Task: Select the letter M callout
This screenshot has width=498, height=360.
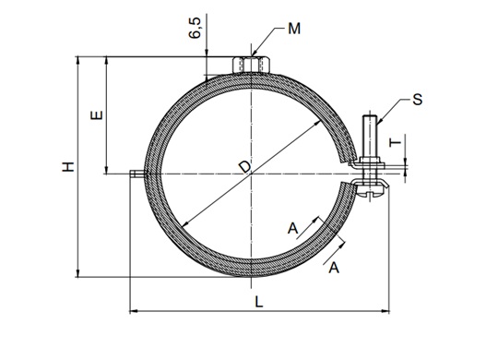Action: point(293,29)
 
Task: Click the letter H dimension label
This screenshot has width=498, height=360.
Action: point(67,167)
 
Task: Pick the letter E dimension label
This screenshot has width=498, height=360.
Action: point(98,117)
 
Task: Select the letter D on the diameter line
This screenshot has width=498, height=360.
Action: point(243,166)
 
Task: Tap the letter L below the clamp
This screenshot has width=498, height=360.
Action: point(260,302)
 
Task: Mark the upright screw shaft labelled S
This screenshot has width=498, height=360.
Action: point(370,134)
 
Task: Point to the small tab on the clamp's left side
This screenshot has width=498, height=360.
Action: point(136,173)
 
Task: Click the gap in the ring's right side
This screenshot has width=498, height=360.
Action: point(349,174)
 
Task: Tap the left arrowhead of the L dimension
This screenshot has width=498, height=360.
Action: point(131,311)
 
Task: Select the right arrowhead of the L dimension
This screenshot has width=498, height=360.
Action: point(385,311)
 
